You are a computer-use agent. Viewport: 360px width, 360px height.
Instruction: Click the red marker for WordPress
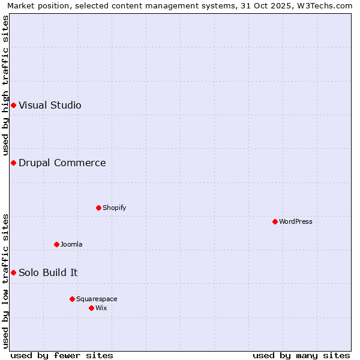click(275, 221)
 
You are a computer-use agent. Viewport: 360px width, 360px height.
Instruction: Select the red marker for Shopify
click(98, 208)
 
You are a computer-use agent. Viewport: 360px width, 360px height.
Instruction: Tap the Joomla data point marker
click(56, 244)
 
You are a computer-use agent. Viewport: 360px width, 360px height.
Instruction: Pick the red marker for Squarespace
click(72, 299)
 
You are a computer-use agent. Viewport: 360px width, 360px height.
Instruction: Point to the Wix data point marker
click(91, 308)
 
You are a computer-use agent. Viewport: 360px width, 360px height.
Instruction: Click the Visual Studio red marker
click(13, 105)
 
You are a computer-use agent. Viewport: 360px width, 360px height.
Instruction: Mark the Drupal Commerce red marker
click(13, 163)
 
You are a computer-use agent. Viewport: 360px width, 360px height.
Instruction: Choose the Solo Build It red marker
click(13, 272)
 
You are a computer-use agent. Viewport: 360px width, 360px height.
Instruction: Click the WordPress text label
click(296, 221)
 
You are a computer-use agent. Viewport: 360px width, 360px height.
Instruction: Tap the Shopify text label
click(115, 208)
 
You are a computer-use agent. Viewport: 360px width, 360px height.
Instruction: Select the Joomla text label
click(71, 244)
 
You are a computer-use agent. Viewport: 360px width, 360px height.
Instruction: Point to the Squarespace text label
click(97, 299)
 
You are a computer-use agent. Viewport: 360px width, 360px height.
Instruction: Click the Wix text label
click(101, 308)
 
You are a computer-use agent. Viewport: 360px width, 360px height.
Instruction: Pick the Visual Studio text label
click(50, 105)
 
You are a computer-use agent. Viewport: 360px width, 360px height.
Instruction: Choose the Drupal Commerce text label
click(62, 163)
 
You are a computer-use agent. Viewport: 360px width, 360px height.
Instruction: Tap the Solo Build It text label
click(48, 272)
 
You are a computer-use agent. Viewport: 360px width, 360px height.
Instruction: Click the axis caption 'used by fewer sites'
click(62, 355)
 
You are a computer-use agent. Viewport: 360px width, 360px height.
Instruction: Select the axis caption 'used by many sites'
click(301, 355)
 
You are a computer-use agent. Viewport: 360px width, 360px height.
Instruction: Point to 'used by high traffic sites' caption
click(5, 85)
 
